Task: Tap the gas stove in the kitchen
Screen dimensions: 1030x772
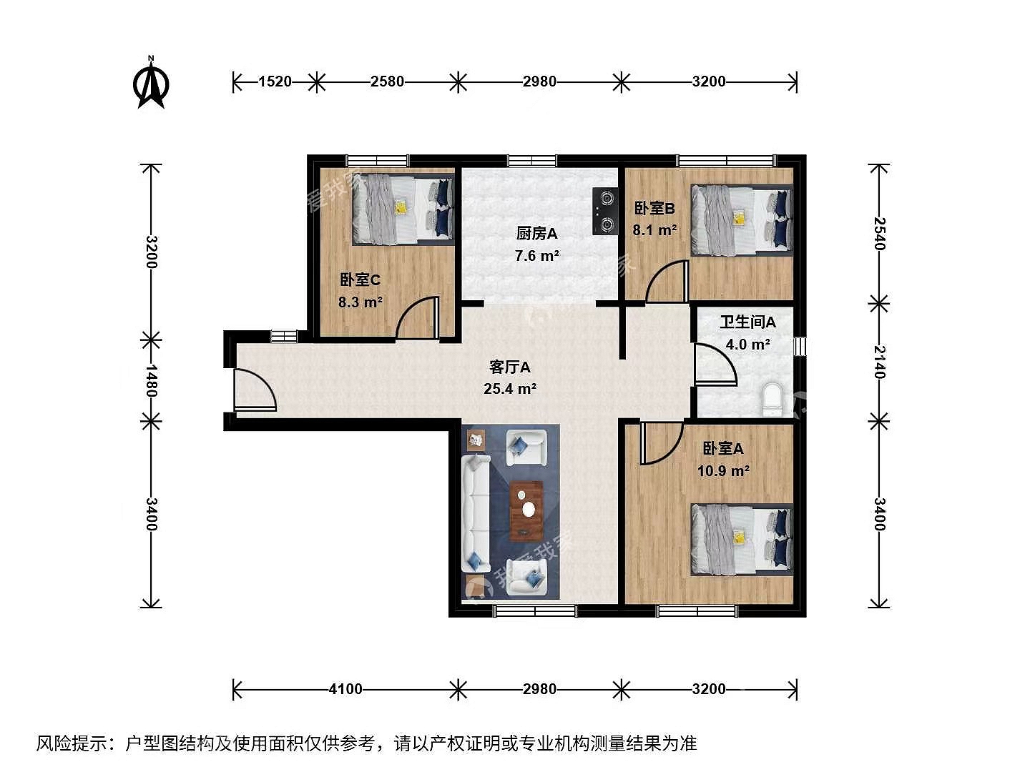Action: coord(604,211)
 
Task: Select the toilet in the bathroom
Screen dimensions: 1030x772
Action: coord(772,400)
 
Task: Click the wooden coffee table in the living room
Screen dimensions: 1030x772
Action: coord(526,510)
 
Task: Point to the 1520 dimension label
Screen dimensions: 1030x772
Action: coord(275,81)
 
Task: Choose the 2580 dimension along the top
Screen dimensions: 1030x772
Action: coord(387,81)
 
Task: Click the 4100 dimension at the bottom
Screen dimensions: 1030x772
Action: coord(345,689)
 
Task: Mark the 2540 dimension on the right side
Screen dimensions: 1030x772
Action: coord(879,234)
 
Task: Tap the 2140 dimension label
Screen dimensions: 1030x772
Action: coord(879,362)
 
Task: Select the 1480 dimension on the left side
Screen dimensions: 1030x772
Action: coord(151,380)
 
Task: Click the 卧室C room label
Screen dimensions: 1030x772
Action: coord(360,279)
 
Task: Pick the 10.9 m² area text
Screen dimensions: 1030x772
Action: coord(723,470)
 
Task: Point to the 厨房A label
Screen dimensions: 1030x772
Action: coord(537,233)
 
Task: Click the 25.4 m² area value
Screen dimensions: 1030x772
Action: coord(510,389)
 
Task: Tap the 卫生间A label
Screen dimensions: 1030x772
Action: coord(748,322)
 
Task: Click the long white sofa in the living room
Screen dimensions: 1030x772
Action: coord(476,513)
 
